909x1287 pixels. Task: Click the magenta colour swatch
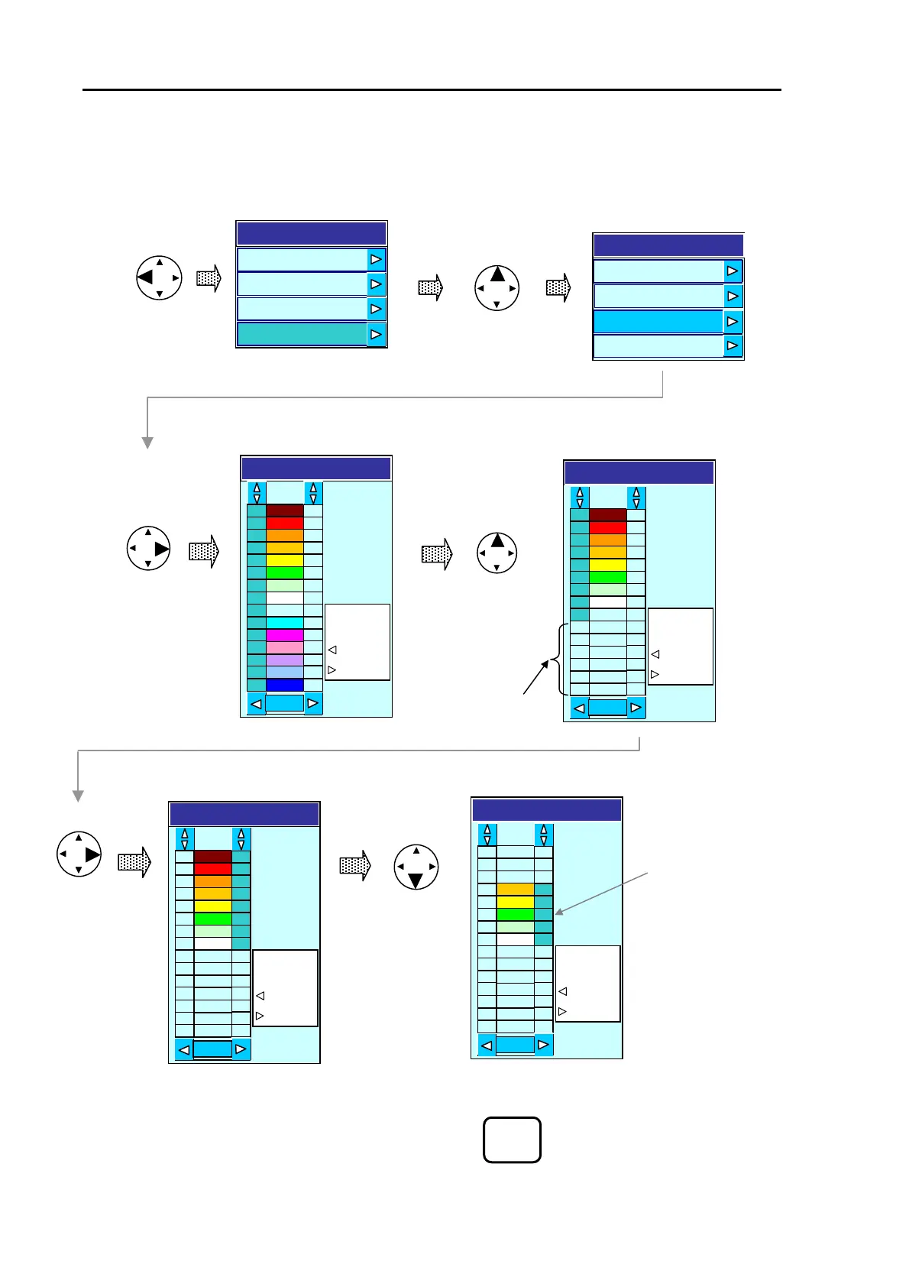pyautogui.click(x=284, y=635)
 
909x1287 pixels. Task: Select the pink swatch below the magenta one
pyautogui.click(x=284, y=647)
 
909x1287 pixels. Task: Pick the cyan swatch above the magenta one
pyautogui.click(x=284, y=623)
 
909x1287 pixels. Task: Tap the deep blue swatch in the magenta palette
pyautogui.click(x=284, y=685)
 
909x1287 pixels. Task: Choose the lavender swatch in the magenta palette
pyautogui.click(x=284, y=660)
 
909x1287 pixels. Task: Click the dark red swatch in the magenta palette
pyautogui.click(x=284, y=511)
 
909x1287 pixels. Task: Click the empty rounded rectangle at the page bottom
pyautogui.click(x=512, y=1139)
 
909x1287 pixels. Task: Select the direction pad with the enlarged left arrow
pyautogui.click(x=159, y=277)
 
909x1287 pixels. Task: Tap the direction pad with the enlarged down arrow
pyautogui.click(x=416, y=867)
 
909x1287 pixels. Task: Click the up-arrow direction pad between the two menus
pyautogui.click(x=497, y=288)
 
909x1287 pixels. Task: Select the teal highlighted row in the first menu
pyautogui.click(x=302, y=335)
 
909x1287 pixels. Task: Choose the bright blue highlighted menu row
pyautogui.click(x=658, y=322)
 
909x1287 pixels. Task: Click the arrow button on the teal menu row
pyautogui.click(x=376, y=335)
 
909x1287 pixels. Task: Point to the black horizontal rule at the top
pyautogui.click(x=432, y=90)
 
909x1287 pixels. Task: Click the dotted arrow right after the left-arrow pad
pyautogui.click(x=209, y=278)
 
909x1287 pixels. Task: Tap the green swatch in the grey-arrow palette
pyautogui.click(x=515, y=914)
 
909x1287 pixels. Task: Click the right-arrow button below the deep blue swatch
pyautogui.click(x=312, y=703)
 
